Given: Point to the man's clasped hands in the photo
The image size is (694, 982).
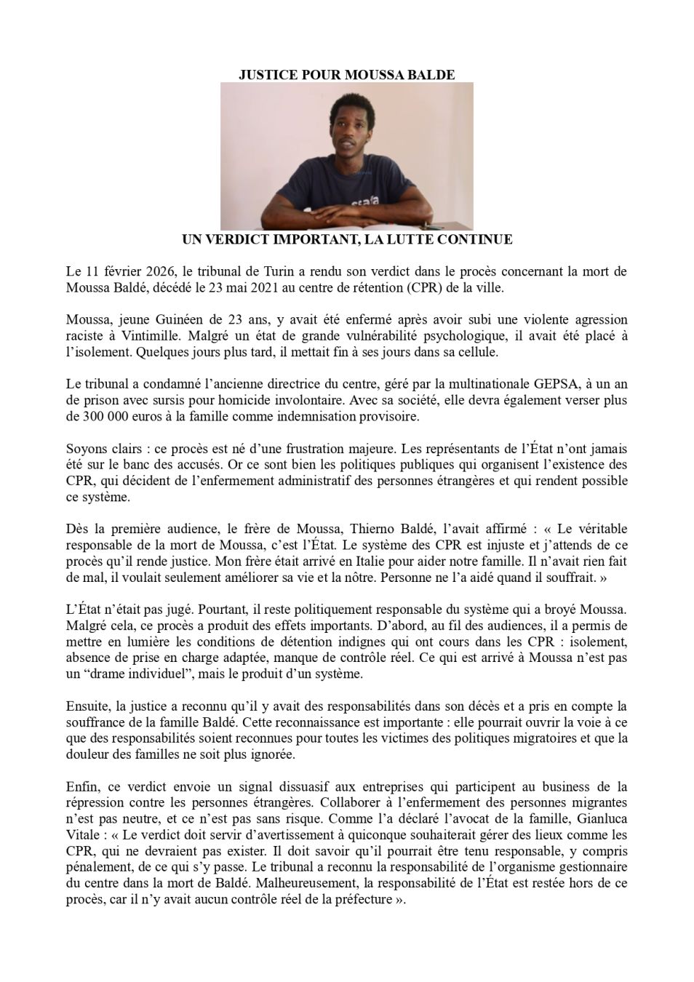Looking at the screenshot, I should pos(348,212).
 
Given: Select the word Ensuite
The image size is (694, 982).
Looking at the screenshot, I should pos(87,706).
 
